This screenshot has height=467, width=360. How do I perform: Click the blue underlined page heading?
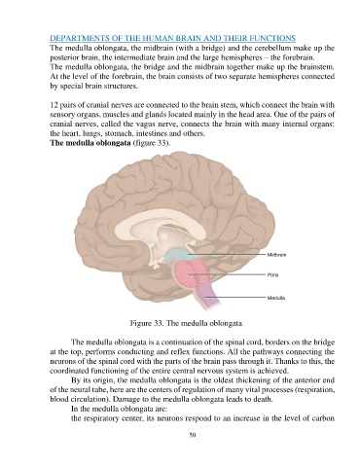point(172,38)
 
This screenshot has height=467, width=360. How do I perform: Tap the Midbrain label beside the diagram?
point(276,255)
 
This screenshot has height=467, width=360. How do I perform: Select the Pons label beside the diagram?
point(272,275)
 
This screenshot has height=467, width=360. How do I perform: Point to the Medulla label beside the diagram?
point(276,298)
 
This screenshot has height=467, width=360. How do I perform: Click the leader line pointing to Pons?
point(227,274)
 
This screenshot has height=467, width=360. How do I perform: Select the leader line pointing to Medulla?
point(235,297)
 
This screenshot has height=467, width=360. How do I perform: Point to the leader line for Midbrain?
point(227,255)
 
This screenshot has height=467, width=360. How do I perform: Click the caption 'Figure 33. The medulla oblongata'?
point(186,323)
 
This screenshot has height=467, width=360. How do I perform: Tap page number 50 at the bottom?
point(192,435)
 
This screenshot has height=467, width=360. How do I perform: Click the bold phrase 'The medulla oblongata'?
point(90,143)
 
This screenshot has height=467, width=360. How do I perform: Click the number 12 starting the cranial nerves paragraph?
point(54,105)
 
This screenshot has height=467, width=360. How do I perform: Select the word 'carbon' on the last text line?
point(325,418)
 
